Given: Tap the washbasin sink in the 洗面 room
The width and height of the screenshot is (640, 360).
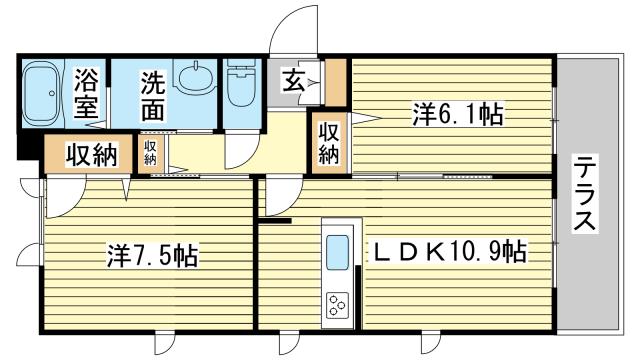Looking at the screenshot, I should pos(192,77).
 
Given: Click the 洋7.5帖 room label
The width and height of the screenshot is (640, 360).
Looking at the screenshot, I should pos(151,256).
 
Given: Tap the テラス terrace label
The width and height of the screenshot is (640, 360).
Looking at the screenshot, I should pos(586,194).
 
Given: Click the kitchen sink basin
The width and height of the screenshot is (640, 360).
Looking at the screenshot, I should pos(337,250).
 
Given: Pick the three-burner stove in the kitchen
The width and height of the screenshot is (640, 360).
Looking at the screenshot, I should pos(336,304).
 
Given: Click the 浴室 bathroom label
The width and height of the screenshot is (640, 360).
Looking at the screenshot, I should pos(86,93).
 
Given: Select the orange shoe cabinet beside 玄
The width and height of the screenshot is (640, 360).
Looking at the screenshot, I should pos(337,84).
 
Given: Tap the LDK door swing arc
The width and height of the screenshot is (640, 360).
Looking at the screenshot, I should pos(279,196).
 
